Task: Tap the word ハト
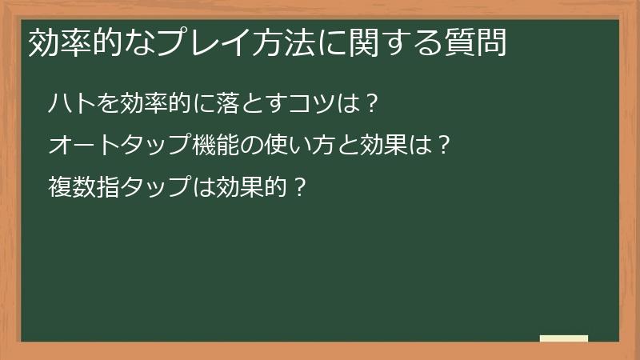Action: [x=68, y=103]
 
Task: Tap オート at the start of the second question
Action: [x=79, y=146]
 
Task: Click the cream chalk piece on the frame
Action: [x=564, y=338]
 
